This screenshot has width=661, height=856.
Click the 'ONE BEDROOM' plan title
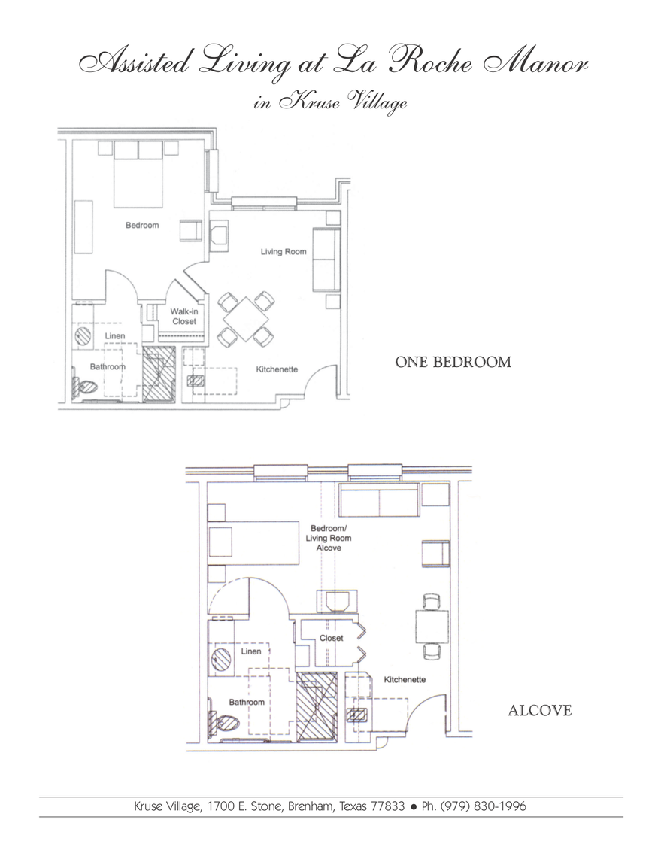tap(453, 362)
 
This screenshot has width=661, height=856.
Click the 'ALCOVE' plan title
tap(539, 710)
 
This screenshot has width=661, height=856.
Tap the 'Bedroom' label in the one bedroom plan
tap(142, 225)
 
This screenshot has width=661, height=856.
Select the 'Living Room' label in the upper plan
tap(284, 251)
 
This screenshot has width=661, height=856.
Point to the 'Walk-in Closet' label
tap(183, 316)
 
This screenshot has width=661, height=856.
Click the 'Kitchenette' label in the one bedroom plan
tap(277, 369)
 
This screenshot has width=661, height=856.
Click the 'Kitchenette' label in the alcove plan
tap(405, 679)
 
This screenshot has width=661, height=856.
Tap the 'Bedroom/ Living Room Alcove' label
tap(329, 538)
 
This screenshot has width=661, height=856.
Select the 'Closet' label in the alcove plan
tap(331, 638)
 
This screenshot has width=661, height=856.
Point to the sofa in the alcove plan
tap(379, 501)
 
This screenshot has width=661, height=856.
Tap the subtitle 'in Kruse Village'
tap(331, 103)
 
